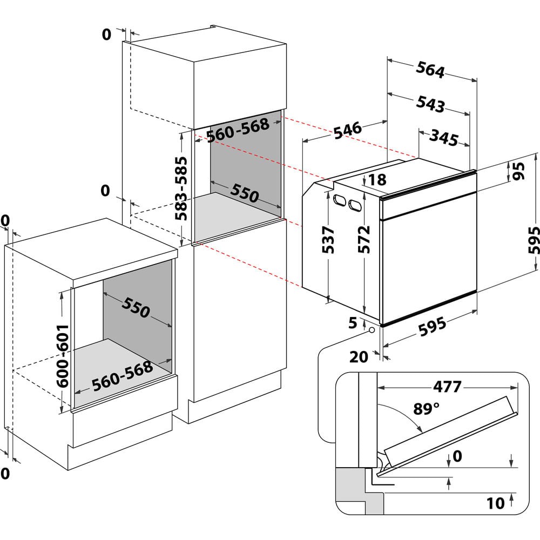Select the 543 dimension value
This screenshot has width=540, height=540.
pyautogui.click(x=430, y=104)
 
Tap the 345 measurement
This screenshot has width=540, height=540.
pyautogui.click(x=444, y=138)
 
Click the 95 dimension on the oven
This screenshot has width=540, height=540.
pyautogui.click(x=519, y=172)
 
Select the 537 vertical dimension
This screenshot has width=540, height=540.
pyautogui.click(x=328, y=240)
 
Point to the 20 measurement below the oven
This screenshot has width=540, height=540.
pyautogui.click(x=359, y=356)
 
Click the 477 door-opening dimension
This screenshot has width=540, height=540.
pyautogui.click(x=447, y=387)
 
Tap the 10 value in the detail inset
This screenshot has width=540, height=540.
pyautogui.click(x=495, y=503)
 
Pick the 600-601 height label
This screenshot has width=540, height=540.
pyautogui.click(x=63, y=355)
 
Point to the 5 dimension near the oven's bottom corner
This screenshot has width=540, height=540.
pyautogui.click(x=353, y=323)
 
